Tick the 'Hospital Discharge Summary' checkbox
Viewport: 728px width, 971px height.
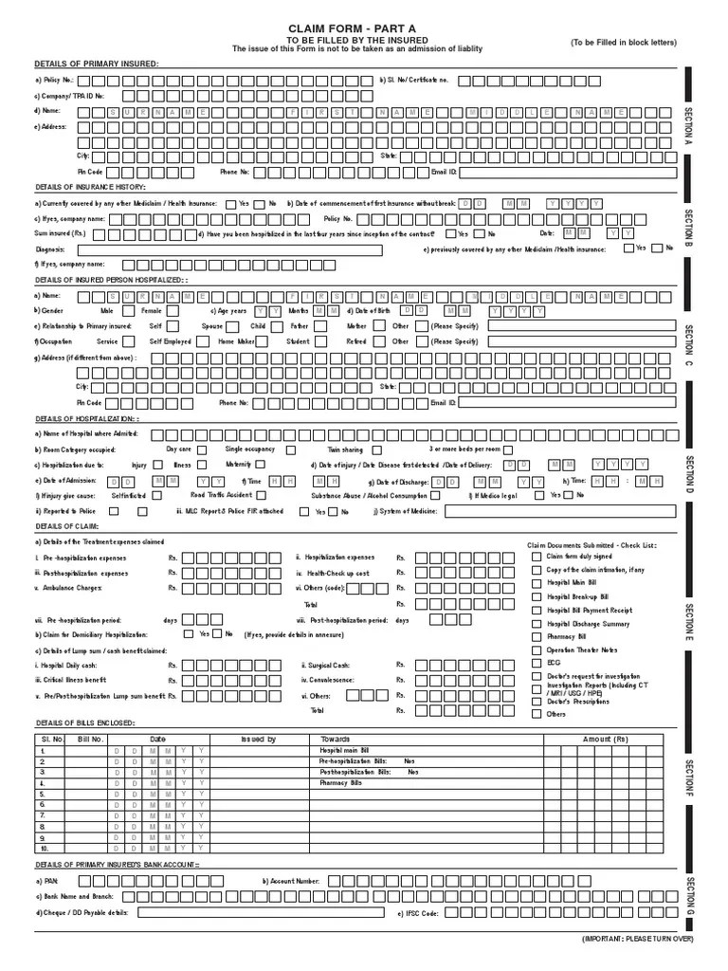pyautogui.click(x=537, y=624)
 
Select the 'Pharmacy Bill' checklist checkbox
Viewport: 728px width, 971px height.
pyautogui.click(x=537, y=637)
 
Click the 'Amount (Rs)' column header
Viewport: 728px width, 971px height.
pyautogui.click(x=605, y=740)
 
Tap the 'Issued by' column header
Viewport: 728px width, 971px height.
pyautogui.click(x=258, y=740)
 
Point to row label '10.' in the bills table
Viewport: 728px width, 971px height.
pyautogui.click(x=44, y=850)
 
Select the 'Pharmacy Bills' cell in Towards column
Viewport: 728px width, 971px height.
pyautogui.click(x=341, y=784)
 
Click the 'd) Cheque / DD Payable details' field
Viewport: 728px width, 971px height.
pyautogui.click(x=261, y=913)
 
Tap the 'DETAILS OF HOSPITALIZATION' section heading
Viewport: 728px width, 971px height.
pyautogui.click(x=86, y=418)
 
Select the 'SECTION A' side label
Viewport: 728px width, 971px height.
pyautogui.click(x=689, y=128)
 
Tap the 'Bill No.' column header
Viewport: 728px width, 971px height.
pyautogui.click(x=90, y=740)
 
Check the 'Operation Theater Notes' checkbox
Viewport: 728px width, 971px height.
pyautogui.click(x=537, y=650)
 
